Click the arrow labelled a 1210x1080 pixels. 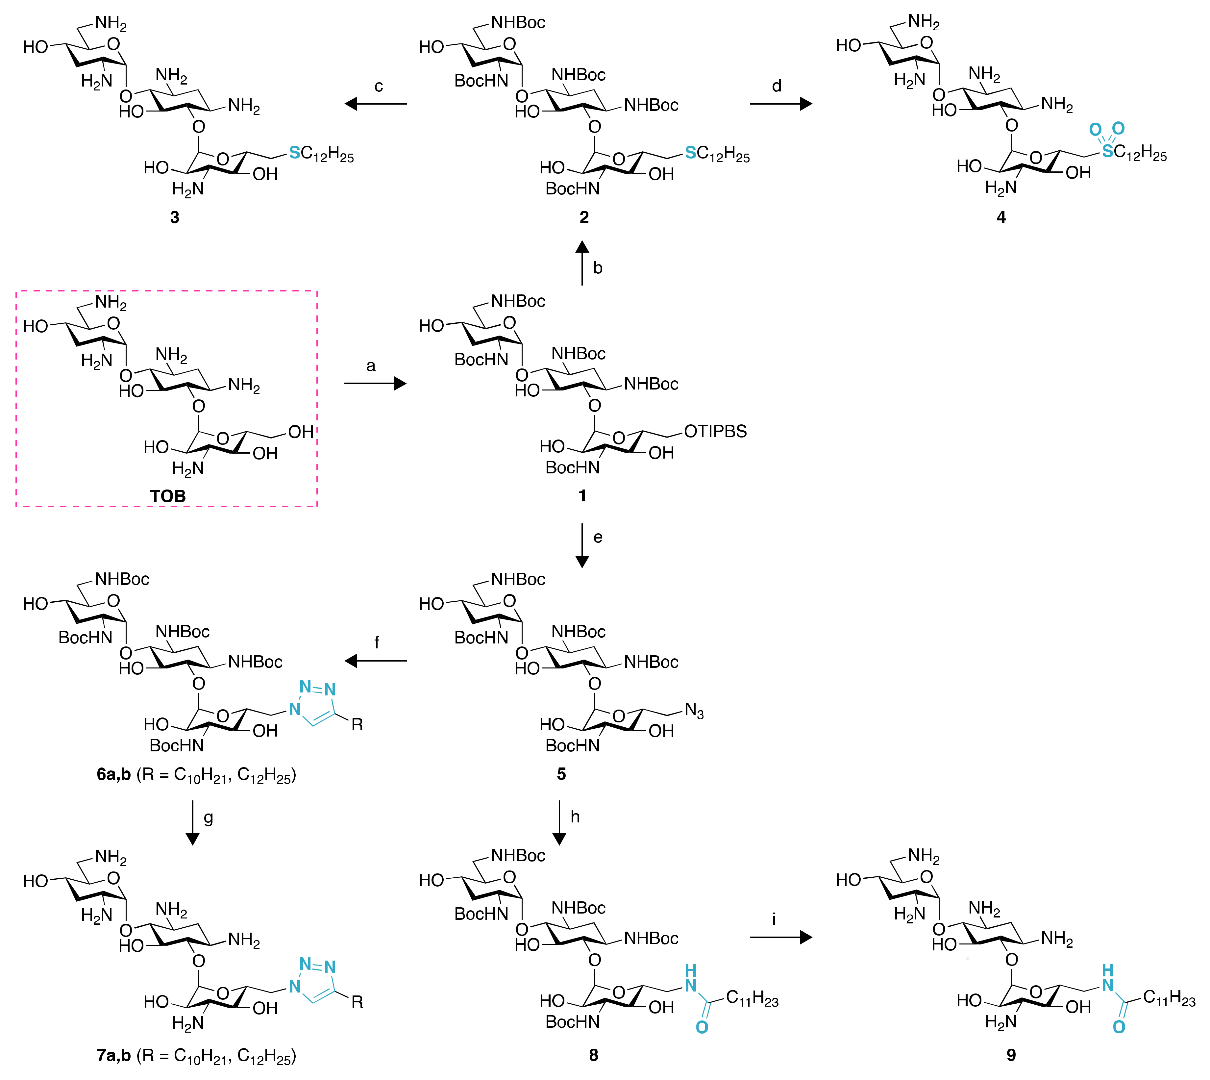375,384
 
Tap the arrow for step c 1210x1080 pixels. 376,104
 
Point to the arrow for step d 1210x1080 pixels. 780,104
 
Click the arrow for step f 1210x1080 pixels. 376,661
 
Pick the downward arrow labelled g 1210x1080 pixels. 192,822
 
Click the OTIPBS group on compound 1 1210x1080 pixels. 715,431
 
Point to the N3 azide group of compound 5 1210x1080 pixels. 694,710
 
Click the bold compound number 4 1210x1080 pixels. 1001,217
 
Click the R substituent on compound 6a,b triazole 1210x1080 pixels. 357,724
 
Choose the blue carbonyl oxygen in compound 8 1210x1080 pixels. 702,1027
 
